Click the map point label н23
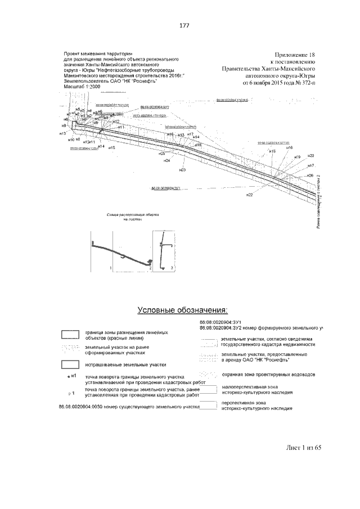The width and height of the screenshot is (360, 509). pyautogui.click(x=182, y=169)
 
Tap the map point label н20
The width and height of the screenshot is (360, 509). pyautogui.click(x=311, y=155)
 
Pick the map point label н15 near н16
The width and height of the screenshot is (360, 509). pyautogui.click(x=272, y=151)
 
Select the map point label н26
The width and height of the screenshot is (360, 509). pyautogui.click(x=310, y=175)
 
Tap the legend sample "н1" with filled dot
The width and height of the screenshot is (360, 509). pyautogui.click(x=71, y=375)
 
